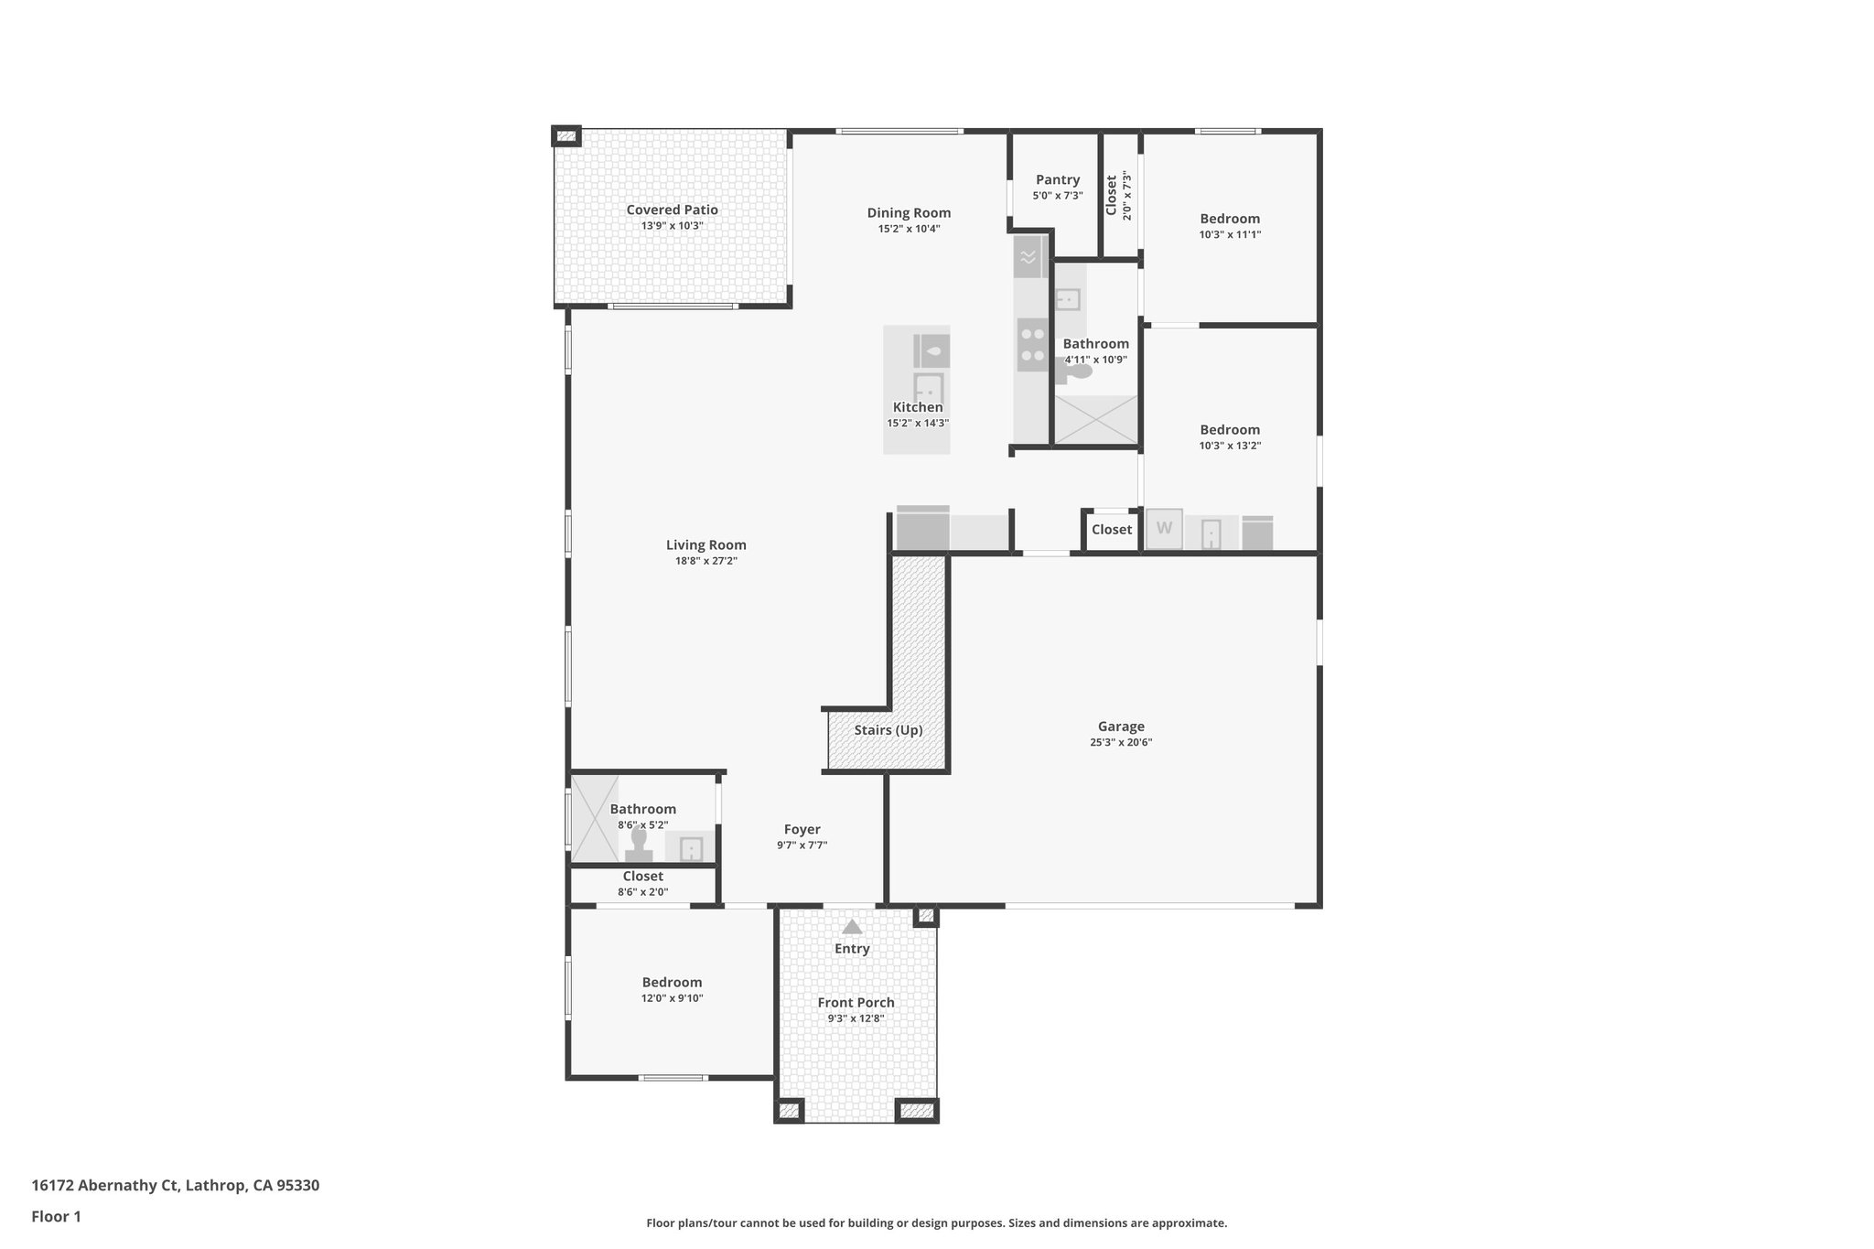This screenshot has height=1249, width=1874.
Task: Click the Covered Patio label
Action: [x=672, y=210]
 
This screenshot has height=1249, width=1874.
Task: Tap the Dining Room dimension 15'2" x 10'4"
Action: [x=909, y=229]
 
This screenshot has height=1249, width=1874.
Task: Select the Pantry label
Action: [x=1058, y=180]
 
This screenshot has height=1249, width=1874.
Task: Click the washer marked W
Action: [x=1164, y=529]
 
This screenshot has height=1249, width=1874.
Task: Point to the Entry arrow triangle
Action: [x=852, y=927]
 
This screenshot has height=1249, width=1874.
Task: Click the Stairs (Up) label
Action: [x=888, y=730]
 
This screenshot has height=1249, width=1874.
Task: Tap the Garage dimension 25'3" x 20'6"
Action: [x=1120, y=743]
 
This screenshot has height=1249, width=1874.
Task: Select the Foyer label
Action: [x=802, y=829]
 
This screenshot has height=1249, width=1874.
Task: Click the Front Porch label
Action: [x=856, y=1002]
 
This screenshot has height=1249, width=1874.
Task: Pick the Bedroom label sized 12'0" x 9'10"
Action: [x=672, y=982]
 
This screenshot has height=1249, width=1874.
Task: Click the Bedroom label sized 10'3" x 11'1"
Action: [x=1230, y=219]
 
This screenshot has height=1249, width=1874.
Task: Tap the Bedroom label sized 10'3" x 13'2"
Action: [x=1230, y=430]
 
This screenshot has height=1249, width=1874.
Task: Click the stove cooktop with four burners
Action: [x=1033, y=344]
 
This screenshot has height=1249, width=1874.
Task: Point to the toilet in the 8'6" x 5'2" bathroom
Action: [x=639, y=845]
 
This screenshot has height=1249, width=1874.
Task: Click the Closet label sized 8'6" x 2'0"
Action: [x=642, y=876]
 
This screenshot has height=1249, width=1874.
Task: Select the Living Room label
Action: [x=705, y=545]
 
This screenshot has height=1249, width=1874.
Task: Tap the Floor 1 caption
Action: [x=56, y=1216]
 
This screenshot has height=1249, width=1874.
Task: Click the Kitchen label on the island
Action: [x=917, y=407]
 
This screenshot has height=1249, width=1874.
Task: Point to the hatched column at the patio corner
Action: [x=566, y=136]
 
